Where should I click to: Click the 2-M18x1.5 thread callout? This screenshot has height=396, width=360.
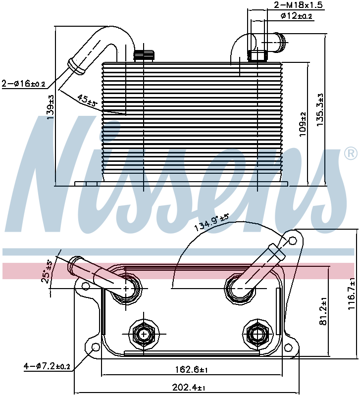pos(299,5)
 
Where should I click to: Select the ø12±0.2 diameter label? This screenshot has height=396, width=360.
pos(296,16)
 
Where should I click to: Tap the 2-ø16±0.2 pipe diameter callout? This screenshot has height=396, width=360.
pos(23,83)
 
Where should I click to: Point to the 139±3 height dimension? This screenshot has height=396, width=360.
pos(51,107)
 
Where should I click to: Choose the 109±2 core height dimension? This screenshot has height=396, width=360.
pos(303,124)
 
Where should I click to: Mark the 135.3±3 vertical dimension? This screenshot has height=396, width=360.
pos(320,110)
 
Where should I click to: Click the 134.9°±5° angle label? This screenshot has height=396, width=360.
pos(211,222)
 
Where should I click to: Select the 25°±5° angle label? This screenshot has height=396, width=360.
pos(47,272)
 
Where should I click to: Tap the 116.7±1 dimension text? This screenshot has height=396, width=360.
pos(352,294)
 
